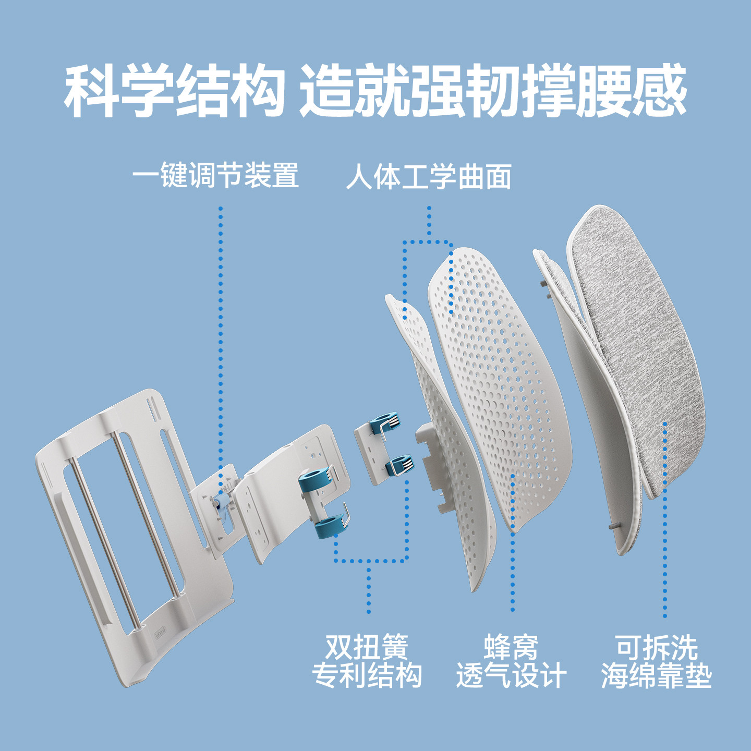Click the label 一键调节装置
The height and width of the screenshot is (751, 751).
(215, 175)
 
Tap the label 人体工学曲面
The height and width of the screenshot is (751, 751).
(428, 177)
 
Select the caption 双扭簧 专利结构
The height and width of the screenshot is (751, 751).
(367, 661)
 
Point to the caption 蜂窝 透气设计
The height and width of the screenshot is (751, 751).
(511, 661)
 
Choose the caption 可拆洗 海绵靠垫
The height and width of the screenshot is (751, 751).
(656, 661)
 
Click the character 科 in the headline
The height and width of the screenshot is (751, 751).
(92, 91)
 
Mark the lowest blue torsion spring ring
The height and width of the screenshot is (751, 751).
(329, 528)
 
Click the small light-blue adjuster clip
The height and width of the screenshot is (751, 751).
(222, 499)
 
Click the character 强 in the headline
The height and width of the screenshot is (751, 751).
(438, 91)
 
